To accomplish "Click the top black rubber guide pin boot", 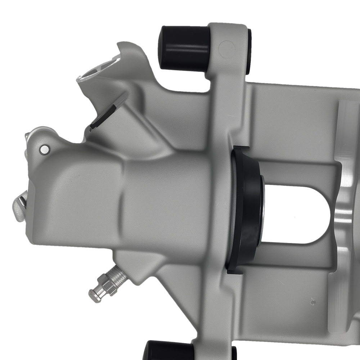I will [184, 47].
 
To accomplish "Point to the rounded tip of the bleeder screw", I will [93, 294].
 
